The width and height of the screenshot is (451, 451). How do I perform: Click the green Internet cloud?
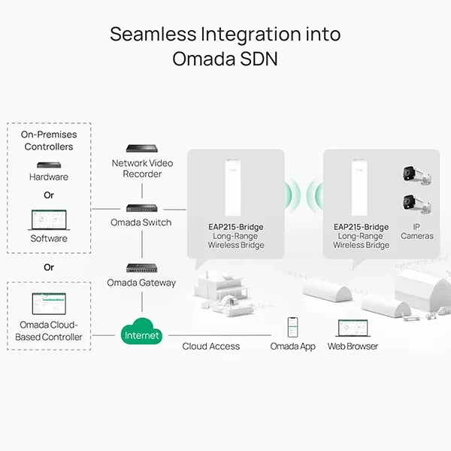point(141,331)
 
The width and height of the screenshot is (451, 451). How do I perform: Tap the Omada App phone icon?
point(293,327)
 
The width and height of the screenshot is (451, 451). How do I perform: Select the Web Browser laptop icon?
point(353,328)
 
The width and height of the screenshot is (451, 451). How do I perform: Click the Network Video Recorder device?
point(142,148)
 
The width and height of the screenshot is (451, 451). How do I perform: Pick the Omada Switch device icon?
point(142,208)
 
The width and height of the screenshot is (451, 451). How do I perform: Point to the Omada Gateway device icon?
point(142,268)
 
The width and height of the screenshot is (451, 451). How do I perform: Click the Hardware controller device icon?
point(49,165)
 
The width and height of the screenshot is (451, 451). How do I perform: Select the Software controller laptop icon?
point(49,220)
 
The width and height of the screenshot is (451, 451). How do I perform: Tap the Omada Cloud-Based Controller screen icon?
point(49,304)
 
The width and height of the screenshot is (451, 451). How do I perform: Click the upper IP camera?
point(416,175)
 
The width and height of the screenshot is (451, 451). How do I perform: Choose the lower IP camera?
point(416,204)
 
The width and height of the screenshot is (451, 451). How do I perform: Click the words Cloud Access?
point(210,347)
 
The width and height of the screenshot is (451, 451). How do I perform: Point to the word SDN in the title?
point(259,59)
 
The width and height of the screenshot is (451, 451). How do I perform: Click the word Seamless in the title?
point(153,34)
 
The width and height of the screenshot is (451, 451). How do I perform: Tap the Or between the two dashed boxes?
point(49,267)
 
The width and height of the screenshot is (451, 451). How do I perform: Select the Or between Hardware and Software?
point(49,195)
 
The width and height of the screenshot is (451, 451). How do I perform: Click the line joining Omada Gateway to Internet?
point(142,301)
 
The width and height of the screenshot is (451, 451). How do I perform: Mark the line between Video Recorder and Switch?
point(142,191)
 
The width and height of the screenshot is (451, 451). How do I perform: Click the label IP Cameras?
point(416,232)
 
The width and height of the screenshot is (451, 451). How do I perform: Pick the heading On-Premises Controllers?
point(49,141)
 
